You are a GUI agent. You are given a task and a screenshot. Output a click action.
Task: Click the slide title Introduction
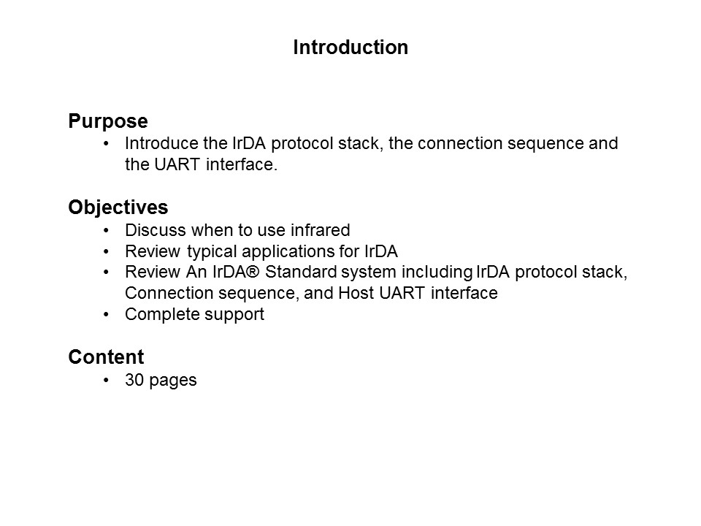pos(350,47)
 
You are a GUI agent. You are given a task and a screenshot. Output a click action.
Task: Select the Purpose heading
pos(108,121)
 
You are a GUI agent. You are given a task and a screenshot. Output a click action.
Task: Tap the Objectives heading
pos(118,207)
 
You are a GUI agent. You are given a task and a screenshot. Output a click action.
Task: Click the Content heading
pos(106,357)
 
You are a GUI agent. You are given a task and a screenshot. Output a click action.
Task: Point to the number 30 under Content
pos(134,381)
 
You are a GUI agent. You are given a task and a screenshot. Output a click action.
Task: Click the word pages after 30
pos(172,381)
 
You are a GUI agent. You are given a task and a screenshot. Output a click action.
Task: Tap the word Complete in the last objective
pos(157,316)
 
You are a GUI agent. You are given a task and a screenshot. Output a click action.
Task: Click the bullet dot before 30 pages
pos(107,381)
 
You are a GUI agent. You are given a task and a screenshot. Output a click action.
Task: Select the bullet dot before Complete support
pos(107,316)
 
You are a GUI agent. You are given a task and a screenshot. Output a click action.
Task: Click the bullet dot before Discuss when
pos(107,231)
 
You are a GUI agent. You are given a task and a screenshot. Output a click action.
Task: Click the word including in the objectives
pos(436,273)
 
